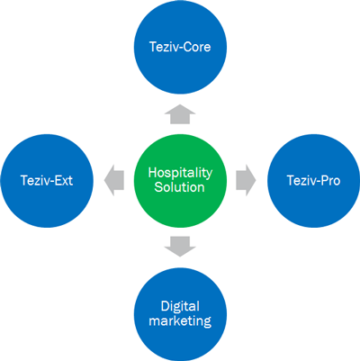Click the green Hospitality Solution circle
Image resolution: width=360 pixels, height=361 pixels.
[x=180, y=181]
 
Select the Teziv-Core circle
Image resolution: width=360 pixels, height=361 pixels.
[x=180, y=47]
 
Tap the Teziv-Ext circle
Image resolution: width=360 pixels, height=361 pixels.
[x=47, y=181]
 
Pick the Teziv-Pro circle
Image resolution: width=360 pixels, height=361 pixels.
[x=313, y=181]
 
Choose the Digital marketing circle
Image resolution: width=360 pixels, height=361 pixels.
[x=180, y=314]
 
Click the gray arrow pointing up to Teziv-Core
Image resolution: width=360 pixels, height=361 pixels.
[x=180, y=114]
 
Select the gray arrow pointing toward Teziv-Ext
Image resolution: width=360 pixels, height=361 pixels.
[x=114, y=180]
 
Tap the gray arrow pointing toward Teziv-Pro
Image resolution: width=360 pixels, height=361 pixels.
[x=246, y=180]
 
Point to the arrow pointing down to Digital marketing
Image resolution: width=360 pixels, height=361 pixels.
[x=180, y=247]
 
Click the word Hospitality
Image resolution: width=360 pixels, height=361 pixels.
[x=180, y=173]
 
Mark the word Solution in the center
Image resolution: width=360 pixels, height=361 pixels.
[x=179, y=187]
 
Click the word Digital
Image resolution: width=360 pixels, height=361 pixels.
[x=180, y=307]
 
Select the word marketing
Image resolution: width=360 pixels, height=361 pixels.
[x=180, y=320]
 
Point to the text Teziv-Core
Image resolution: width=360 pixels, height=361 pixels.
[x=180, y=47]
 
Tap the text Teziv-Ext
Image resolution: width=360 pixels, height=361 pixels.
[x=47, y=181]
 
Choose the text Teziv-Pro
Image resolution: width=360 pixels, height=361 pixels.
[x=313, y=181]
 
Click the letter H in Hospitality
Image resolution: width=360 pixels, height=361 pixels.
[x=152, y=173]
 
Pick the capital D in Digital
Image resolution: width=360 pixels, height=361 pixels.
[x=165, y=306]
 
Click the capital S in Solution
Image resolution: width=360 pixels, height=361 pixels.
[x=158, y=187]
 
